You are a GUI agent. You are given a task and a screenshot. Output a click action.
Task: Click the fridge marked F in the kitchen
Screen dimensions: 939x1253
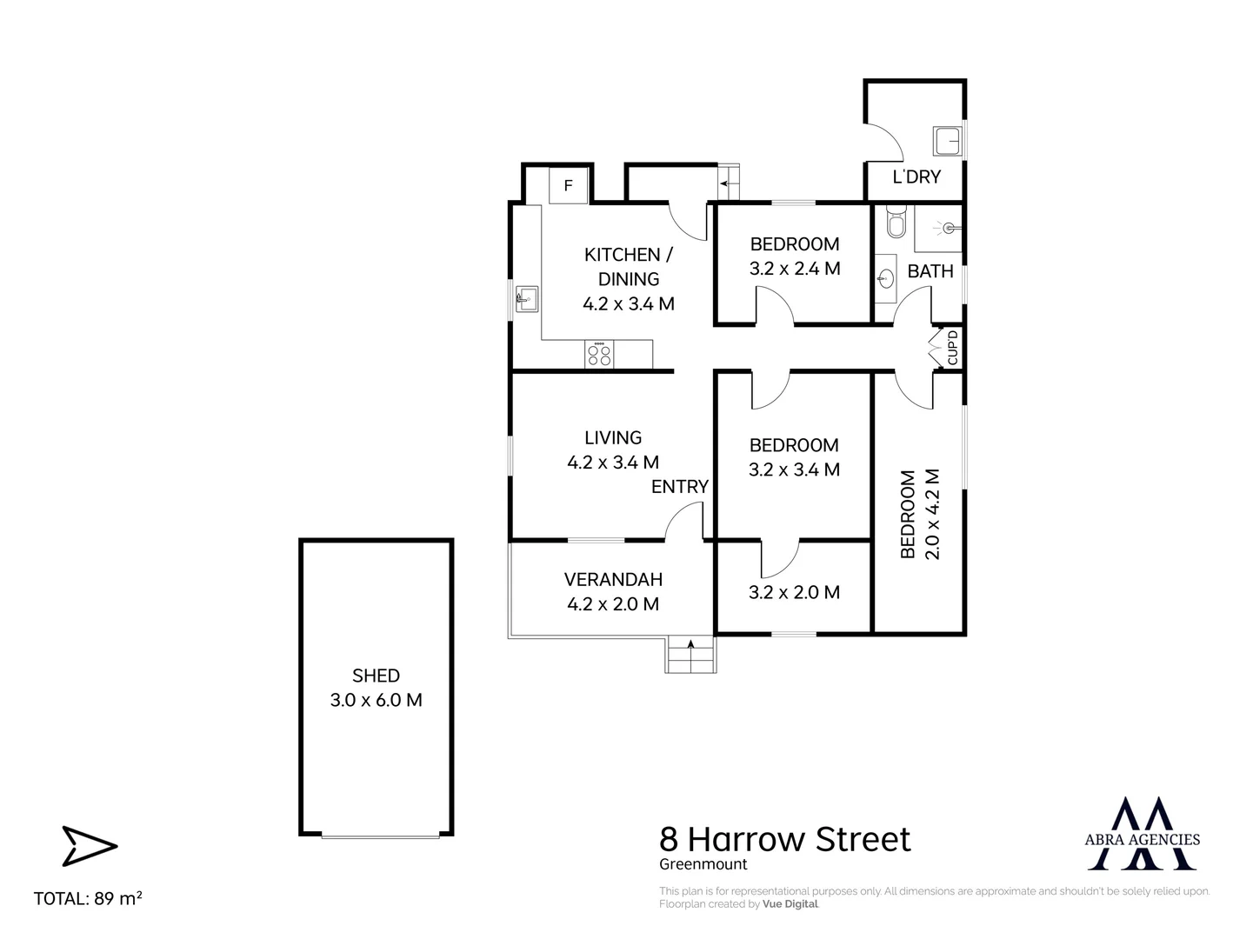tap(569, 185)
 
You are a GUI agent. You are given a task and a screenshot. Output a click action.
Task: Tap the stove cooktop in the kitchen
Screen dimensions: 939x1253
tap(599, 354)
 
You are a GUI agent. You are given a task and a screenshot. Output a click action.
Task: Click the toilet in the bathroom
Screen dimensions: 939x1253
tap(894, 223)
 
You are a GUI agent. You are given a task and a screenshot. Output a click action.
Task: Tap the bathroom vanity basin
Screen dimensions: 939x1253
tap(885, 278)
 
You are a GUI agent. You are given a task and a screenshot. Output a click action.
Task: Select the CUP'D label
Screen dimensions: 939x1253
tap(952, 347)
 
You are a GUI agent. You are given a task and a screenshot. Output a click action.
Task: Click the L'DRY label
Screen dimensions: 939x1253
tap(916, 176)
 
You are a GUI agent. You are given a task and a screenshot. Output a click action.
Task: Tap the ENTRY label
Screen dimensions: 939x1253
tap(680, 487)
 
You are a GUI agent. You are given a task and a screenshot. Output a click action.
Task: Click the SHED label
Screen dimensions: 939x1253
tap(376, 676)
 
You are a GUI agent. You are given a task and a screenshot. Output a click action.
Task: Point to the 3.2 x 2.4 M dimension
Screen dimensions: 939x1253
tap(795, 269)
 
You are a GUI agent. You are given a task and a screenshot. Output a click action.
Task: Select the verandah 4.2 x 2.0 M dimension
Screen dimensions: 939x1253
tap(613, 604)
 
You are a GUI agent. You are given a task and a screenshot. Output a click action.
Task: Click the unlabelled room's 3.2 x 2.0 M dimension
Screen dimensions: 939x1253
tap(794, 592)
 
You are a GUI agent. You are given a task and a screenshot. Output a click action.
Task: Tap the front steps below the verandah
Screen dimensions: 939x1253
tap(691, 655)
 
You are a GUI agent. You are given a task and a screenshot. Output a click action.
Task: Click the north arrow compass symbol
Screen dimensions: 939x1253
tap(89, 846)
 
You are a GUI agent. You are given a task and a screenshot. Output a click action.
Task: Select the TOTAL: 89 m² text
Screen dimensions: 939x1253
tap(88, 899)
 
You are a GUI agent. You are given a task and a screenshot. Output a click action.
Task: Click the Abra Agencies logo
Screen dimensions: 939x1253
tap(1143, 833)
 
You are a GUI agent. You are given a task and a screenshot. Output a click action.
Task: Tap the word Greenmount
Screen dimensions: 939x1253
tap(703, 864)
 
